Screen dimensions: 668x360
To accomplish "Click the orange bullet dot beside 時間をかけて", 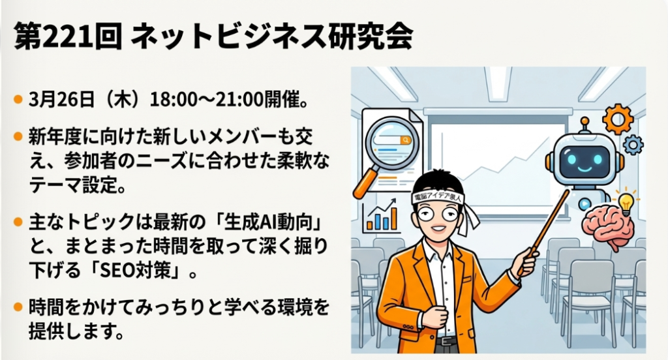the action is click(x=18, y=307).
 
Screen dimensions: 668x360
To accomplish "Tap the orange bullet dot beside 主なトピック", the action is click(x=18, y=222).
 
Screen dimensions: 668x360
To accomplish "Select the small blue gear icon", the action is click(x=633, y=145).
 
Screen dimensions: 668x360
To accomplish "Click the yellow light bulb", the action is click(x=626, y=203).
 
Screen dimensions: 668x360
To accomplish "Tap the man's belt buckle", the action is click(x=446, y=341).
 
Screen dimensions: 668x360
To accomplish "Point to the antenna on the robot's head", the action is click(x=584, y=126).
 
